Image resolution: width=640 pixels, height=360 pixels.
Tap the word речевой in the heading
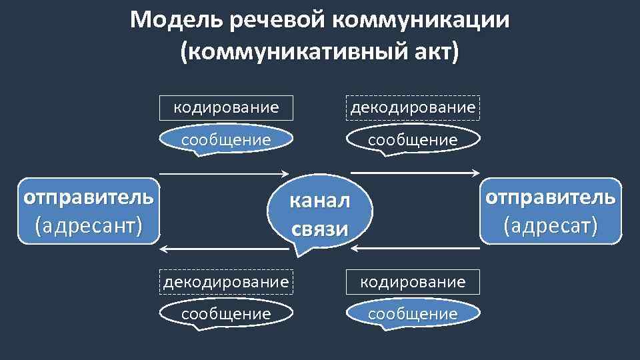coord(275,20)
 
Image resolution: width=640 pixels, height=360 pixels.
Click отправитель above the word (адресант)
coord(89,198)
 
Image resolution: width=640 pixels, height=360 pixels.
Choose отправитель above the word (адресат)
coord(551,198)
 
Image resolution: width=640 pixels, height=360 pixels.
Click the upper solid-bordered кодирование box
coord(226,107)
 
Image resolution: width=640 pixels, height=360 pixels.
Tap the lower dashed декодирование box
coord(227,281)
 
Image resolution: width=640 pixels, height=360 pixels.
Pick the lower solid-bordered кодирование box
coord(413,281)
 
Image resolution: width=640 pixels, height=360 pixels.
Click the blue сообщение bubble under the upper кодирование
coord(226,140)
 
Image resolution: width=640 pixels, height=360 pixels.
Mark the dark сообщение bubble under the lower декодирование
coord(227,313)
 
